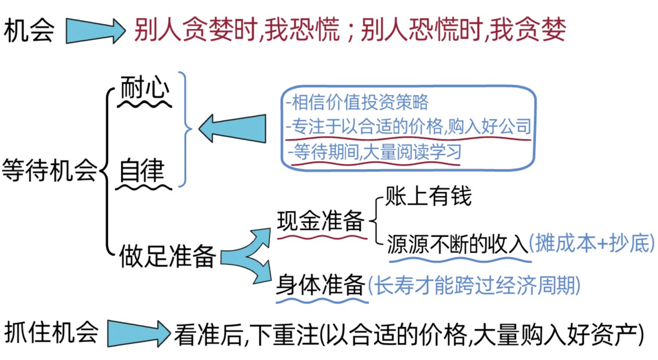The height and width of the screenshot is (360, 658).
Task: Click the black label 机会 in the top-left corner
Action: [x=29, y=30]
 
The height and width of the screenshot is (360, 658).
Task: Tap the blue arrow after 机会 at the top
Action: [x=95, y=31]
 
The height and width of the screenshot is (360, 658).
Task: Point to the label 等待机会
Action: [x=49, y=170]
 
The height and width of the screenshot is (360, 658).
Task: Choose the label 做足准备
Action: [x=167, y=257]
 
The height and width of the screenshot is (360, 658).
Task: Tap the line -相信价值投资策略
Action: [x=357, y=102]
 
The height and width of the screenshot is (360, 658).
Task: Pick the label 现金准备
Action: [x=320, y=221]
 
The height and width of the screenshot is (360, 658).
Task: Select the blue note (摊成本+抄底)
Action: [x=592, y=244]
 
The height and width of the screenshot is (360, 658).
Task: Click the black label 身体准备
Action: [x=320, y=285]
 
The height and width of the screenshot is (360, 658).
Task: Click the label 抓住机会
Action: [x=51, y=332]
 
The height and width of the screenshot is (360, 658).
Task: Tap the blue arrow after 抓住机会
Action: [x=138, y=333]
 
